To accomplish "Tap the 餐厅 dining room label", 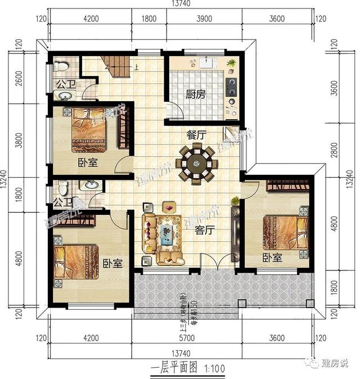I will pos(195,135).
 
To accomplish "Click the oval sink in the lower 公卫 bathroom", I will pos(90,186).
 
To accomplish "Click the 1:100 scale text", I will pos(211,368).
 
